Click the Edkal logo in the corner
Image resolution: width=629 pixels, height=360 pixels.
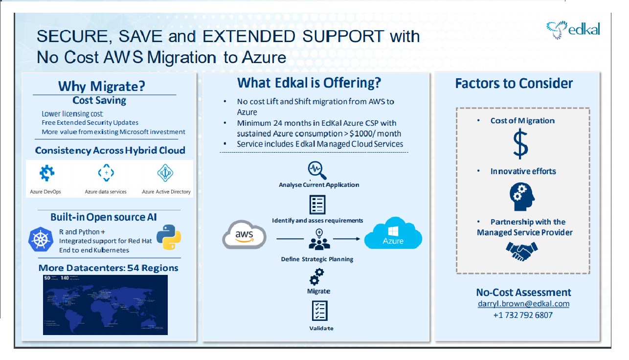pos(573,30)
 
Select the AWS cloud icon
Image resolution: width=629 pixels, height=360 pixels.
pos(244,235)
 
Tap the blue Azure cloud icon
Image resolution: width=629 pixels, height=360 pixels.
pos(393,235)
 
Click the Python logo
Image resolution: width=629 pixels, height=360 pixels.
pos(168,237)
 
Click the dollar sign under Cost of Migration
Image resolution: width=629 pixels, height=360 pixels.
pos(520,144)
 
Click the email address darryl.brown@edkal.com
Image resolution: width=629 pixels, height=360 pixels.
pos(523,304)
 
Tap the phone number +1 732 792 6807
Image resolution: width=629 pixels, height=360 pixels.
pos(523,315)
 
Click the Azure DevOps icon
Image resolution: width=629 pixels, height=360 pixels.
pos(47,173)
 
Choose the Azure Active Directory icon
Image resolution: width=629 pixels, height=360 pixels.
pos(165,173)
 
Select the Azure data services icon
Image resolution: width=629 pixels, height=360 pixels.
pos(106,173)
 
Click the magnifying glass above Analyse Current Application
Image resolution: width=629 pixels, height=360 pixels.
pos(317,171)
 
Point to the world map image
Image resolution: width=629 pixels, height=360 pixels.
pos(105,305)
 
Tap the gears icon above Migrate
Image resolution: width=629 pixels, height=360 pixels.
pos(317,277)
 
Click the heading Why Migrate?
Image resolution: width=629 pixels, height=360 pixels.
pos(102,86)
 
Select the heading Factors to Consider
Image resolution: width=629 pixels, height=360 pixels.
pos(514,83)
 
